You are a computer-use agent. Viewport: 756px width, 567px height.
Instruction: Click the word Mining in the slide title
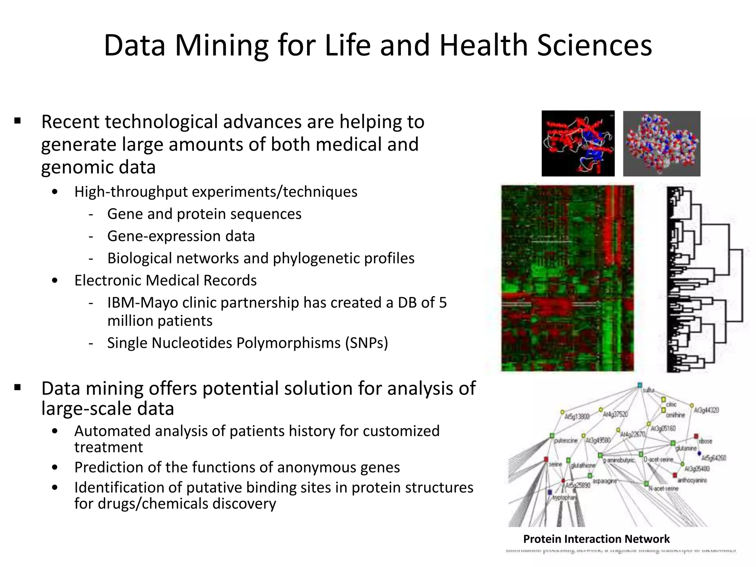(221, 45)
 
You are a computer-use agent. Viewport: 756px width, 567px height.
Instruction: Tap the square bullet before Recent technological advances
(17, 121)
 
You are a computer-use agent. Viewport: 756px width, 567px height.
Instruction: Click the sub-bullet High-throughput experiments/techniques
(216, 192)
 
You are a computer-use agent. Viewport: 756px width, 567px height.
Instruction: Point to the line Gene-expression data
(181, 236)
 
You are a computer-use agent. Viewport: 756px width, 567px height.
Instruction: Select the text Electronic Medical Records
(165, 281)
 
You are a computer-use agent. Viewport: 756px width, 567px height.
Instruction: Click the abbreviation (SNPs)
(367, 343)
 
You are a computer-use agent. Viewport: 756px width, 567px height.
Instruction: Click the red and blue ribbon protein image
(578, 144)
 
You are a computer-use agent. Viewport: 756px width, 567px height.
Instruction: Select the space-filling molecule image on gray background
(661, 144)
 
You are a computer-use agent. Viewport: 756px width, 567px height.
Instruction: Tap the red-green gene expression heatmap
(567, 278)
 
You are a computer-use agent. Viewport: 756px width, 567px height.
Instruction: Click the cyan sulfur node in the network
(640, 385)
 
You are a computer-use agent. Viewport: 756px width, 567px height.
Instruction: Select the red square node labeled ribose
(696, 436)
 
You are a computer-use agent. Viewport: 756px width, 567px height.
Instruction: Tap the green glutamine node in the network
(673, 443)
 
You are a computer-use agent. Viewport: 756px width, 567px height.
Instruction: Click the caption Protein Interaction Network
(596, 539)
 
